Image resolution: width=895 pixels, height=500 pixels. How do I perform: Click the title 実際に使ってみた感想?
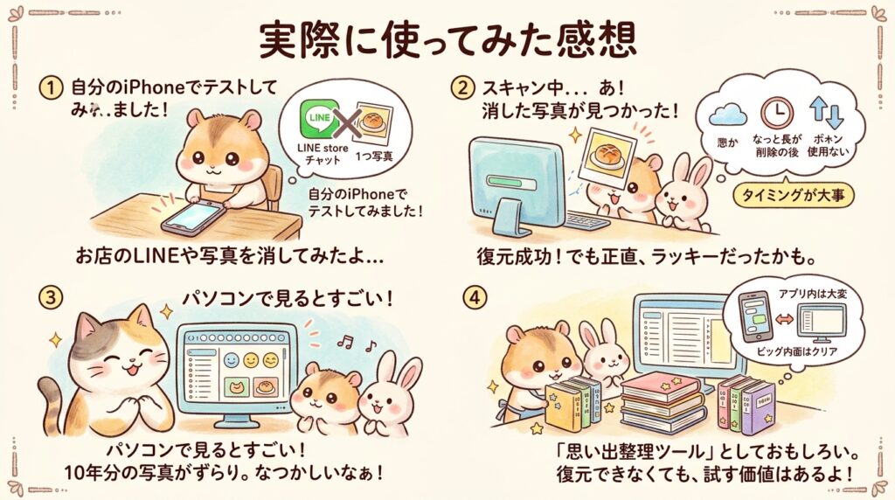pos(447,38)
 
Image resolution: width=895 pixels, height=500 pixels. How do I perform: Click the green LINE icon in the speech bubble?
pos(319,120)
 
